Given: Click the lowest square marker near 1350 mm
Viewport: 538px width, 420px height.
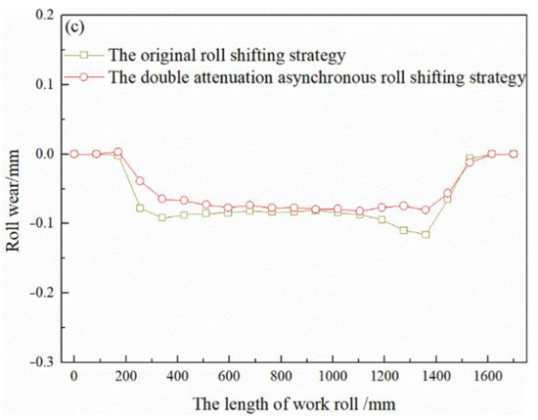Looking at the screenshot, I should (x=426, y=235).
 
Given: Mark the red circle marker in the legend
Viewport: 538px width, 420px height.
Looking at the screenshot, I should (x=85, y=77).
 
